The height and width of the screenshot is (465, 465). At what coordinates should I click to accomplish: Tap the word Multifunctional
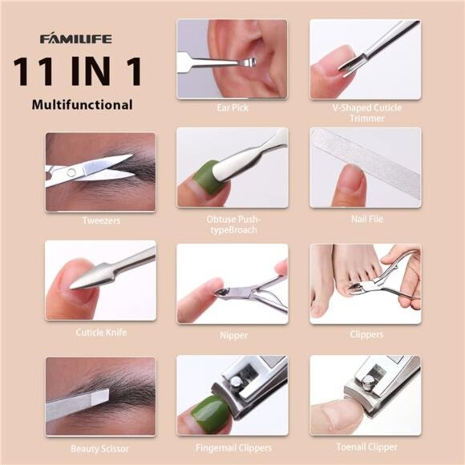click(x=83, y=104)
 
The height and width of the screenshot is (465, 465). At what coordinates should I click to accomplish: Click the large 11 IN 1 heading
click(x=77, y=71)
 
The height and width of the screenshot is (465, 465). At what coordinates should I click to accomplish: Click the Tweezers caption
click(x=100, y=220)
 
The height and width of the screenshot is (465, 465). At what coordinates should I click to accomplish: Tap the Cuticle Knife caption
click(x=101, y=331)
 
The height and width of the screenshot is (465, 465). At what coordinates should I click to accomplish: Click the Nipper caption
click(x=232, y=335)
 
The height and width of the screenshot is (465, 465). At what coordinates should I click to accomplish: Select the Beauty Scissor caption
click(x=100, y=448)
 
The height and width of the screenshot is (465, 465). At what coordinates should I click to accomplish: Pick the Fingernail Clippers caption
click(x=232, y=448)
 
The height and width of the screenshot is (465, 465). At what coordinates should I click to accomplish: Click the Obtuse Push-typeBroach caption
click(x=232, y=224)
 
